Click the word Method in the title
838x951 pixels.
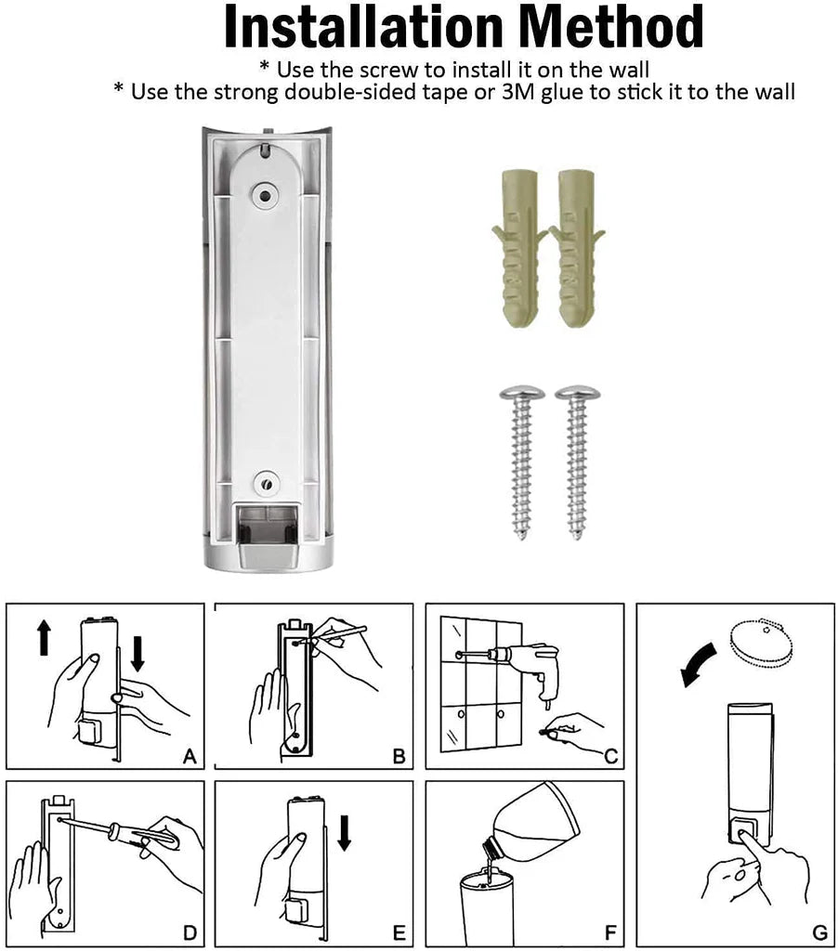[609, 29]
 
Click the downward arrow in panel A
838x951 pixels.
[138, 652]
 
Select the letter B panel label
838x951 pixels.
[399, 757]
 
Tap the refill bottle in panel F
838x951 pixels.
[530, 827]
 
